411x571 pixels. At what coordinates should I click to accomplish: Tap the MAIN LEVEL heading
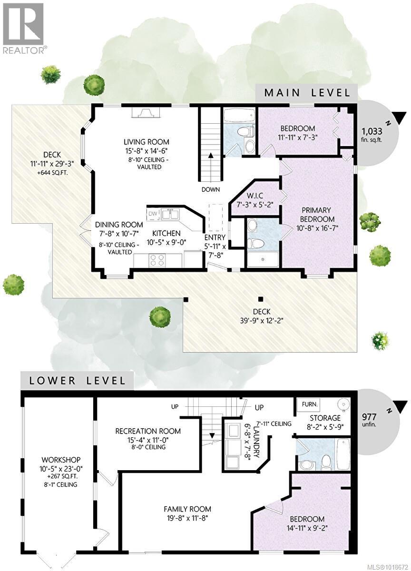click(307, 92)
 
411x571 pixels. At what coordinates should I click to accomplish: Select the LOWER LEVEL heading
click(78, 380)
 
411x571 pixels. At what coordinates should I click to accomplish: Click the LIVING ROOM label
click(146, 142)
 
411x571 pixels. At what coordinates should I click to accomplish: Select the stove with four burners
click(157, 260)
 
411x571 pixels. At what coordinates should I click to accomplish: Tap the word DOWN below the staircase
click(210, 189)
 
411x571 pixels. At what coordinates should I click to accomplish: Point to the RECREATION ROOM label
click(148, 431)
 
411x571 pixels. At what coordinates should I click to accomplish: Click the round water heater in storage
click(342, 404)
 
